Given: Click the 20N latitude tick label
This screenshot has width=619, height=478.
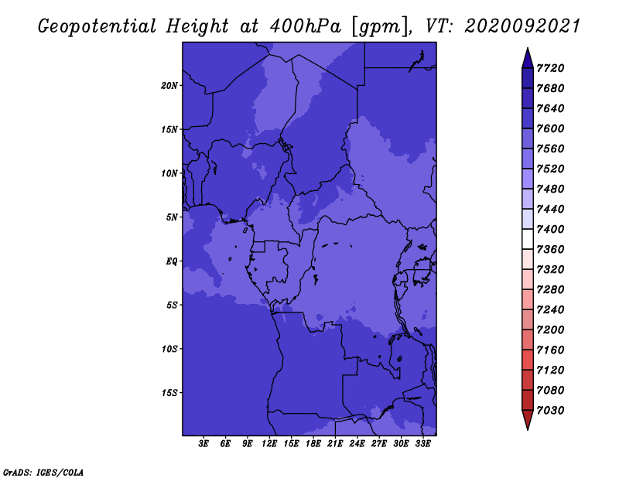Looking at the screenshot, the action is pos(169,86).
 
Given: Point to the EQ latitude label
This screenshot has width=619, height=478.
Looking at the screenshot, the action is pos(171,261).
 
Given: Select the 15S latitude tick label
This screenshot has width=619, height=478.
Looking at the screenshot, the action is pos(169,393).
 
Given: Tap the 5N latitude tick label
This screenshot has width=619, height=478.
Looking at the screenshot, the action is pos(172,217).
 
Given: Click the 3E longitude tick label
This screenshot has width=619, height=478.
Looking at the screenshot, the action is pos(203,444).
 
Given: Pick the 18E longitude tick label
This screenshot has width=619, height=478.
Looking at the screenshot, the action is pos(313,444).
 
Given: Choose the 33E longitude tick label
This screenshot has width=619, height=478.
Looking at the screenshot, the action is pos(422,444).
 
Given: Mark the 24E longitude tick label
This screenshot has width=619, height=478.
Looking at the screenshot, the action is pos(357,444).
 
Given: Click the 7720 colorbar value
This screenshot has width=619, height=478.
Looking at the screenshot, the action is pos(550,68).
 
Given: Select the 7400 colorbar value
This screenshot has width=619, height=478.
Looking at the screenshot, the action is pos(550,229).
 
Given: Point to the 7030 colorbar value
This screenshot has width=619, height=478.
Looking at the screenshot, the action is pos(550,411).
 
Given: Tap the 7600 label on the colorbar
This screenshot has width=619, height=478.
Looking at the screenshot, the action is pos(550,128).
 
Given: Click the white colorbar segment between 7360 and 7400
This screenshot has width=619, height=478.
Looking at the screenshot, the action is pos(528,239).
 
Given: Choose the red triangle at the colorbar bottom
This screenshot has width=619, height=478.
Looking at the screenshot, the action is pos(528,418).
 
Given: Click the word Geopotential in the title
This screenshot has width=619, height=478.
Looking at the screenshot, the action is pos(97,26).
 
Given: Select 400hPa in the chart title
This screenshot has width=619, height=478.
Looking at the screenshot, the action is pos(306,26).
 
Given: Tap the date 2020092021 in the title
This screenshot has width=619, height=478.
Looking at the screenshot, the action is pos(522,26).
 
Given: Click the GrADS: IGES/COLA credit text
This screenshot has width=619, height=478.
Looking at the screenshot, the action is pos(43,473).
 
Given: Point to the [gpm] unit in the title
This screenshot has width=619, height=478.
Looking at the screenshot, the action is pos(380,27).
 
